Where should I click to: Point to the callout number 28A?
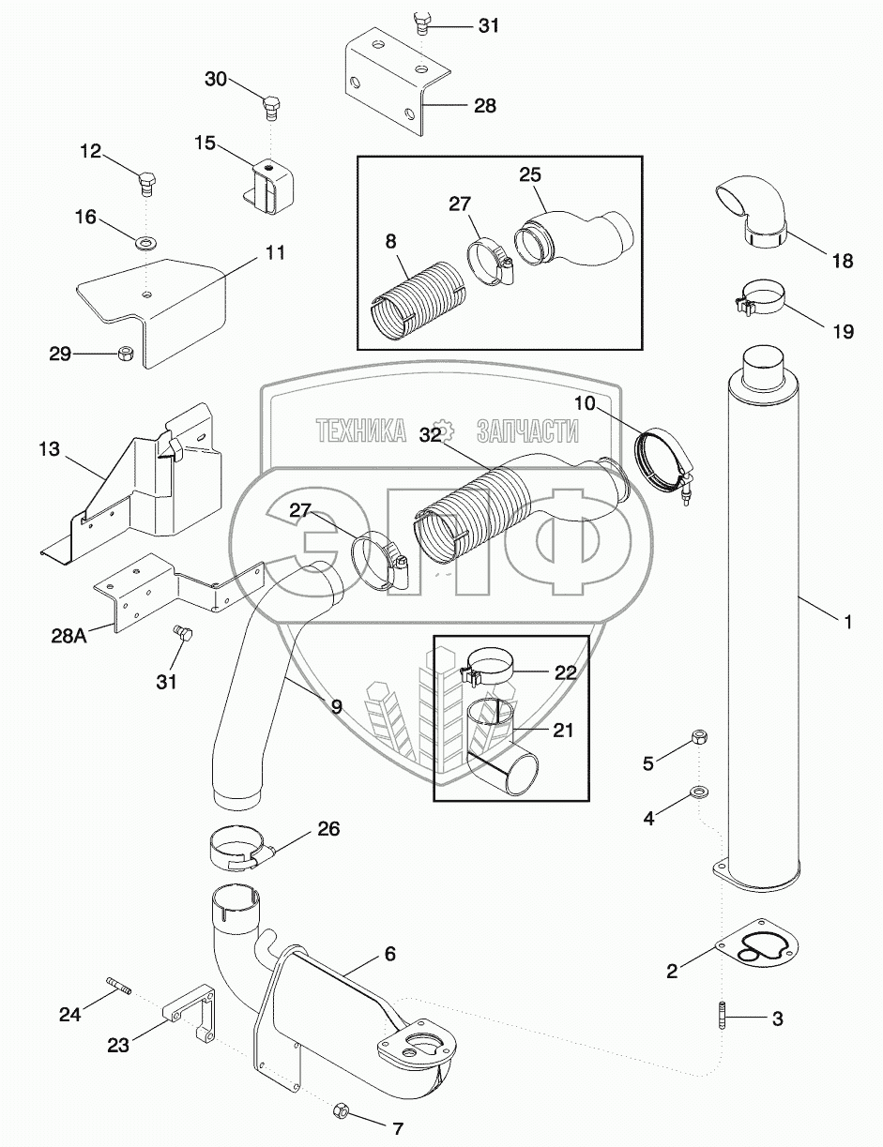pyautogui.click(x=69, y=636)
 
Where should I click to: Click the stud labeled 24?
pyautogui.click(x=120, y=982)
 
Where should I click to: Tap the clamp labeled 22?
pyautogui.click(x=489, y=667)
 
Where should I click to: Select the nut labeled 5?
pyautogui.click(x=699, y=736)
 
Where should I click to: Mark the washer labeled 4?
pyautogui.click(x=699, y=792)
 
